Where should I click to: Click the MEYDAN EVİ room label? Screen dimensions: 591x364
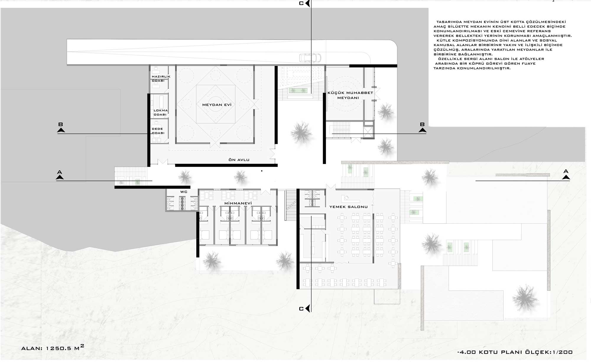(x=217, y=105)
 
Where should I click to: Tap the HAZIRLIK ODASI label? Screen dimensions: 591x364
(x=161, y=79)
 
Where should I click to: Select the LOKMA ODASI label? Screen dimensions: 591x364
(x=160, y=112)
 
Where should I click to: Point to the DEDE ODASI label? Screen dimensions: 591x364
(x=158, y=131)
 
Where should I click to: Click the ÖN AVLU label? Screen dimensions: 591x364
(x=239, y=160)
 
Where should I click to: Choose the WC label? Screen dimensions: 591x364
(x=184, y=192)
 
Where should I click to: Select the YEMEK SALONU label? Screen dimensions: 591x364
(x=348, y=207)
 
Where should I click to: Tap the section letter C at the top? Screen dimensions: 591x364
(x=301, y=4)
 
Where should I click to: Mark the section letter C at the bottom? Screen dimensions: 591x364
(x=301, y=309)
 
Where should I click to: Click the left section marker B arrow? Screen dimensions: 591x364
(x=61, y=130)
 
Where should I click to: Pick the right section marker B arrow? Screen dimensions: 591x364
(x=422, y=130)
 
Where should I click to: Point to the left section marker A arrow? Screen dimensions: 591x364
(x=60, y=177)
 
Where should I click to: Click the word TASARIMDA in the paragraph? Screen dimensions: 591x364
(x=448, y=22)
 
